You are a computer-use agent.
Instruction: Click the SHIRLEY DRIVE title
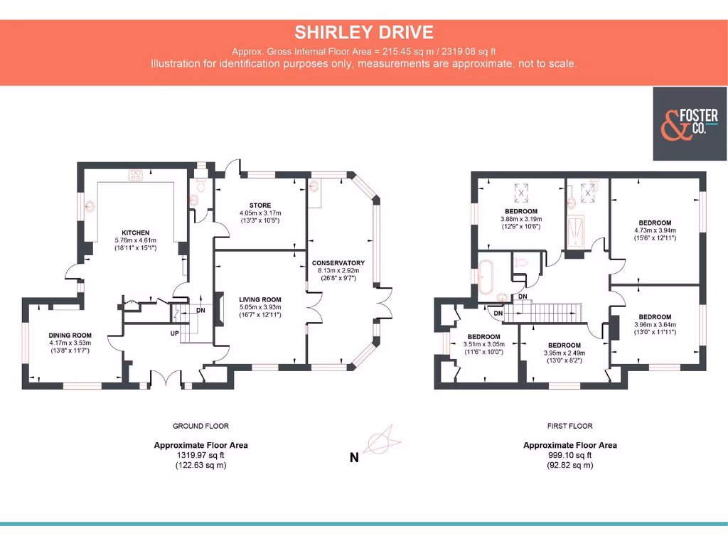(364, 32)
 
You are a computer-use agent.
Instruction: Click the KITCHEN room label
(135, 232)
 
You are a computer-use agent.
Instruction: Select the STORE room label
(260, 205)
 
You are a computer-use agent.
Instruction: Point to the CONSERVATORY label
(338, 263)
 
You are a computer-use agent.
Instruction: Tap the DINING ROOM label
(70, 336)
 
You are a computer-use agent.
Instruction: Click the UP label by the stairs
(173, 333)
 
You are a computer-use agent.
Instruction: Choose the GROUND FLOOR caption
(200, 426)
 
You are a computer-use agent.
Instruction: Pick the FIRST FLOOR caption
(569, 426)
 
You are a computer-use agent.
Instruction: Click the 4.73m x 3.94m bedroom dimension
(655, 230)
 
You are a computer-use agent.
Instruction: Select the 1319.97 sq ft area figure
(200, 455)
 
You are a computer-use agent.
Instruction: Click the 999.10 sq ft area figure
(569, 455)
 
